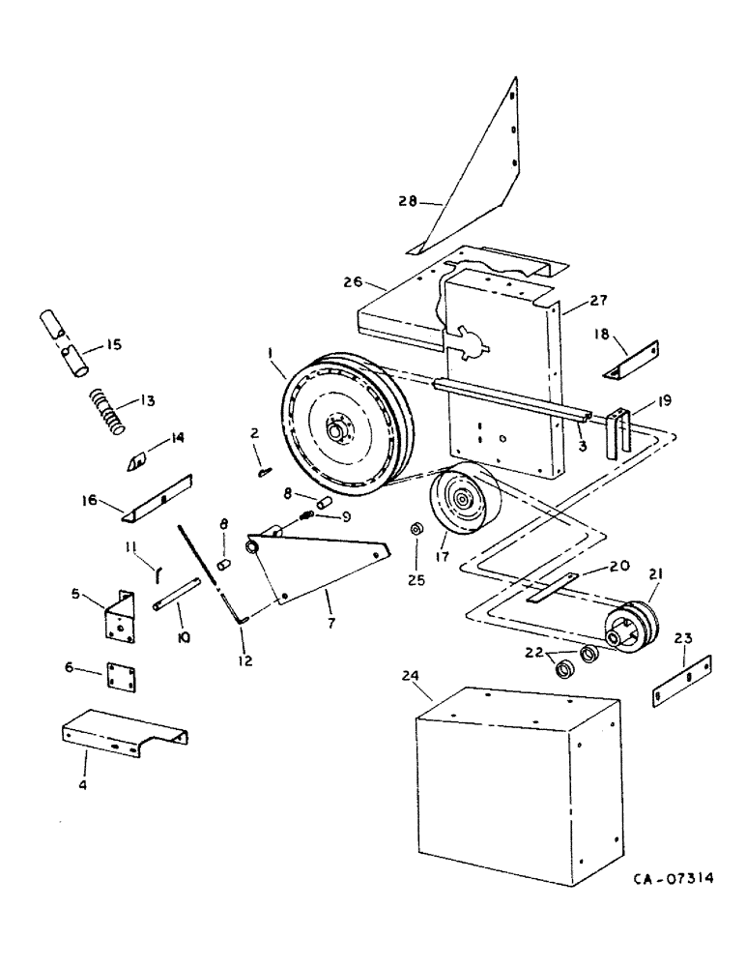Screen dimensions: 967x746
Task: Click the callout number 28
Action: [x=407, y=202]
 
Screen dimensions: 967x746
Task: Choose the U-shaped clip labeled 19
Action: [x=618, y=432]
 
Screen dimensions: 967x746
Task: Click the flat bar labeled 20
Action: [x=552, y=590]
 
